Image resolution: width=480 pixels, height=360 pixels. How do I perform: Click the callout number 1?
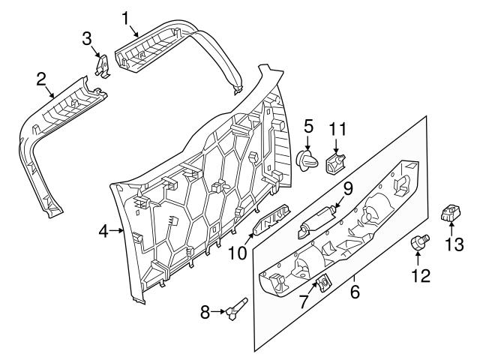coord(127,16)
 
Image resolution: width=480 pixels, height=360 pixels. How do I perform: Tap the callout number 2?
coord(42,78)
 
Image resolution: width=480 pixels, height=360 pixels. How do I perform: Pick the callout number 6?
coord(355,290)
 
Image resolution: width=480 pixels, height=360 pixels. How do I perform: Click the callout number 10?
coord(238,254)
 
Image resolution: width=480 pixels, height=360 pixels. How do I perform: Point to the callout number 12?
coord(420,275)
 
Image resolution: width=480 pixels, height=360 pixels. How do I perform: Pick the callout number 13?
coord(455,244)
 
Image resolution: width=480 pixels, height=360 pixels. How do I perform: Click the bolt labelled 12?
coord(419,241)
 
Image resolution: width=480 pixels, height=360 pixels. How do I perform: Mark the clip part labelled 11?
coord(337,162)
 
